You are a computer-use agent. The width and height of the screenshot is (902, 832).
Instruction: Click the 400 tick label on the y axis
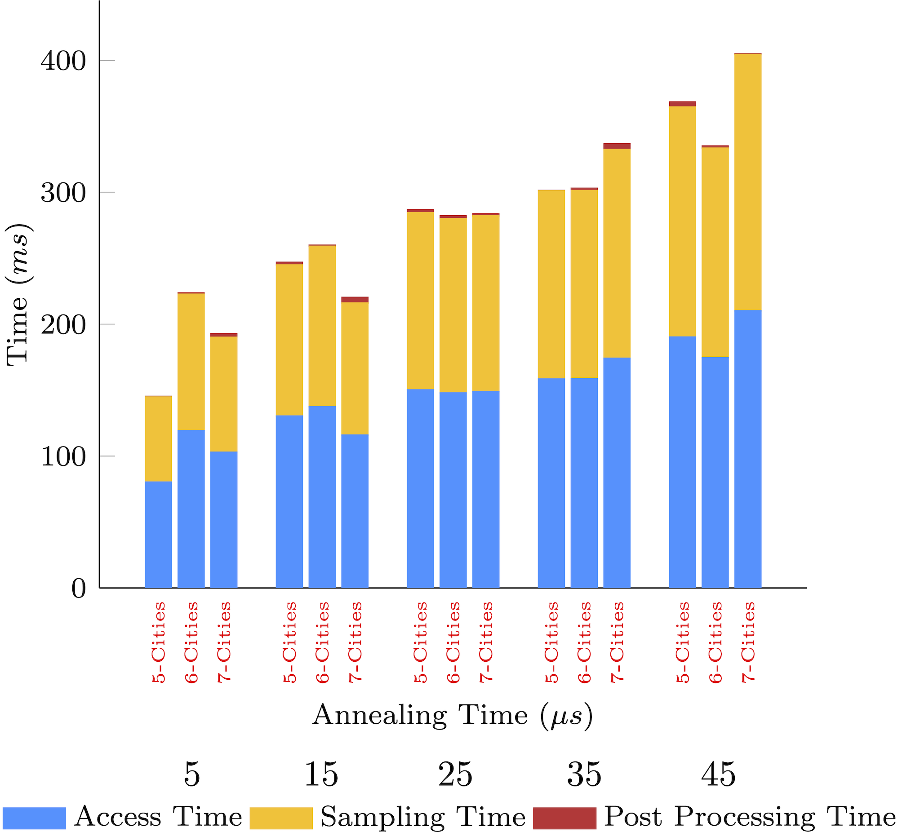tap(63, 61)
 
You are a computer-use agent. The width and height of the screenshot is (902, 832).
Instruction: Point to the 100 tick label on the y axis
tap(63, 457)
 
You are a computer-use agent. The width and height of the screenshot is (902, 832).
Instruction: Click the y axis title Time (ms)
tap(18, 295)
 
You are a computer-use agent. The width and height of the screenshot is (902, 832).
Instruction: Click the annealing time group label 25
tap(455, 775)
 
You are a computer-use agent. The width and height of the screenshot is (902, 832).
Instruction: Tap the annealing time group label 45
tap(718, 775)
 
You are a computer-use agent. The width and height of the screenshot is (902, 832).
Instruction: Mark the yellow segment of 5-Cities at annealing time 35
tap(551, 284)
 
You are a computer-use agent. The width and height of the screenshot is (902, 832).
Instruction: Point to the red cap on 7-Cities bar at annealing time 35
tap(617, 146)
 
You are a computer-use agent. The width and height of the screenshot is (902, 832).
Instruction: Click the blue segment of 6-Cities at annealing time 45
tap(715, 472)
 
